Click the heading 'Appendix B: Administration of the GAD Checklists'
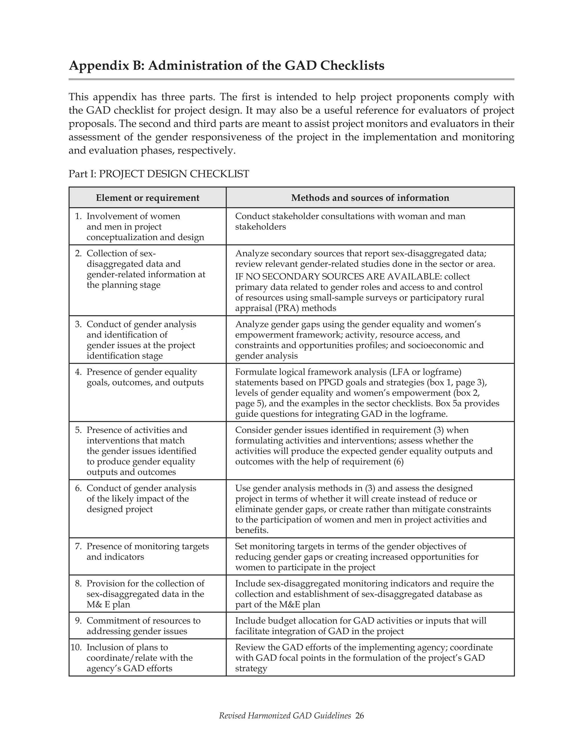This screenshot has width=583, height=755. coord(227,66)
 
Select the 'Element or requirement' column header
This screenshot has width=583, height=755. coord(147,198)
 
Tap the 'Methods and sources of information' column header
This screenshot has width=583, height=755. coord(370,198)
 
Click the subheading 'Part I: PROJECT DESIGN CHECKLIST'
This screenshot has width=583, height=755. coord(159,174)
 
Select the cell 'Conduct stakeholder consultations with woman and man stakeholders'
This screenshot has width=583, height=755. coord(350,221)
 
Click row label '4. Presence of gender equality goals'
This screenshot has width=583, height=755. coord(141,377)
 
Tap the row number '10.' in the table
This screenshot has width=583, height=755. coord(76,648)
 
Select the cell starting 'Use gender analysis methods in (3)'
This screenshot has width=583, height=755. coord(363,509)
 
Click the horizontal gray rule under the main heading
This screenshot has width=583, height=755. coord(291,79)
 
